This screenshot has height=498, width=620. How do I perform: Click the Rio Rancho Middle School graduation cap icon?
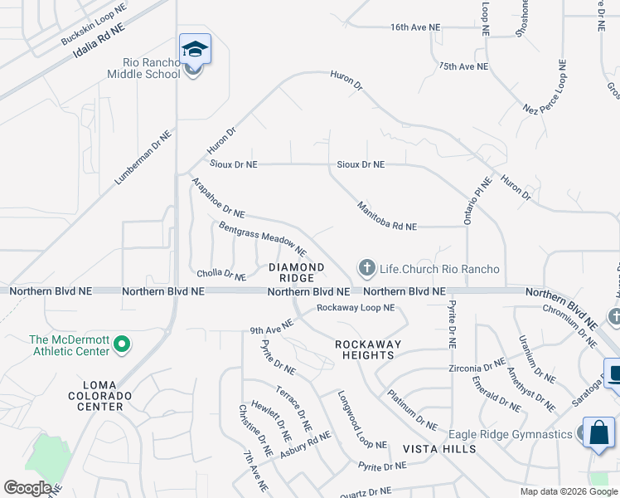195,49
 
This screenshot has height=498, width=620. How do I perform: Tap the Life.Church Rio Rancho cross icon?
366,268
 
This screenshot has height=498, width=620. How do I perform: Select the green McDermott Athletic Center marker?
121,343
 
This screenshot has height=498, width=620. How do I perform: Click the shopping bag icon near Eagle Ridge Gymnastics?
598,432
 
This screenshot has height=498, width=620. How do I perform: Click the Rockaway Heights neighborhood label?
368,349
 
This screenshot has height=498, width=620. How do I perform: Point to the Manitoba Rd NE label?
386,215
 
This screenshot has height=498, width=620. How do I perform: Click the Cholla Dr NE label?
221,275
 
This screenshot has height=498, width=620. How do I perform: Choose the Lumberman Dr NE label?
143,157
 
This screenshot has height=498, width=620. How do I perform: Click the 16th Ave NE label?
415,27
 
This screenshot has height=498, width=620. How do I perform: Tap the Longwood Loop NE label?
362,420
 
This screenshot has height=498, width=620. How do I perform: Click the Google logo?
27,488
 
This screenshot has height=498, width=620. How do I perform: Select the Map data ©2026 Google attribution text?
568,491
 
